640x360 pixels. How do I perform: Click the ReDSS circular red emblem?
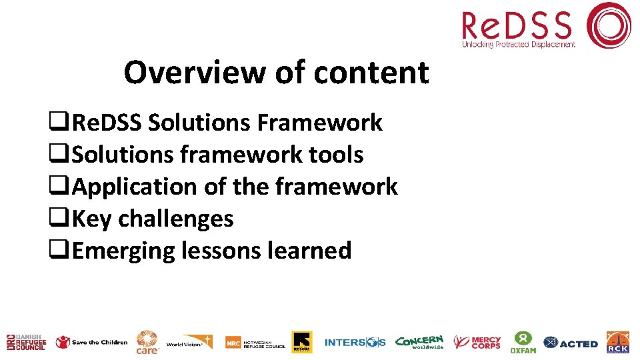[608, 25]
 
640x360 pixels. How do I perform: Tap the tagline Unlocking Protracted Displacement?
[519, 45]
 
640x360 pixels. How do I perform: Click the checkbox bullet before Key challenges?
[59, 219]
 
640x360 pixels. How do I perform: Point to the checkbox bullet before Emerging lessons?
[59, 251]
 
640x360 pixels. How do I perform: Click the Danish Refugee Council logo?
[25, 342]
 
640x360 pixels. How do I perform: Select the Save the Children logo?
[91, 342]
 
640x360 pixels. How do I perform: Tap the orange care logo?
[147, 342]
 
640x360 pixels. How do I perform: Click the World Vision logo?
[189, 342]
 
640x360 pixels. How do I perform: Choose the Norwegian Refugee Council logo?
[255, 342]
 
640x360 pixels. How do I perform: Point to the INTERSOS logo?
[355, 342]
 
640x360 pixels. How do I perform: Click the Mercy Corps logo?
[477, 342]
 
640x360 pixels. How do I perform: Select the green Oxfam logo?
[523, 342]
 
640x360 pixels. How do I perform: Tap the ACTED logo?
[571, 343]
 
